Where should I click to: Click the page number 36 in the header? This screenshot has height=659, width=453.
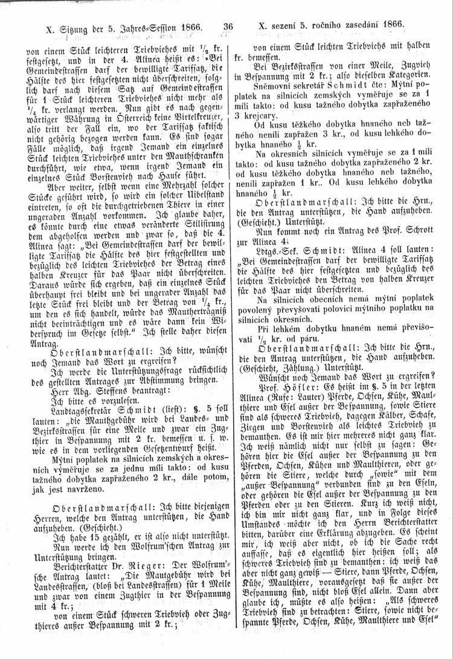228,27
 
